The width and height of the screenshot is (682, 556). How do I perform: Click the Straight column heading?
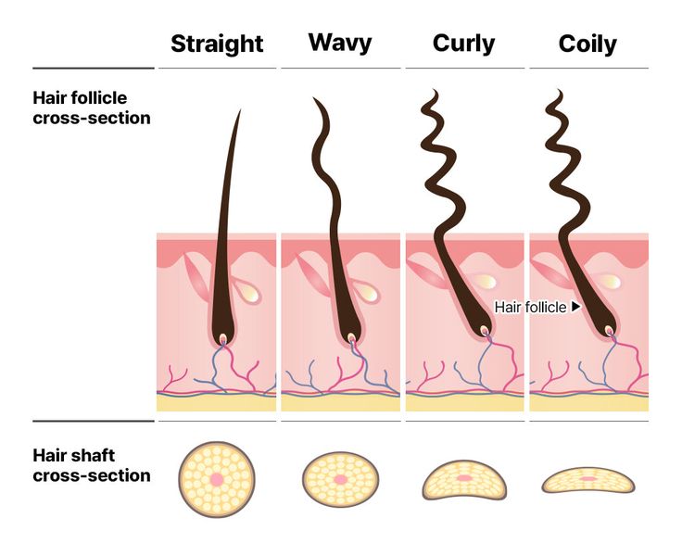click(x=217, y=44)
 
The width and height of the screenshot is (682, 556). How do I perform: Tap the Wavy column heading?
click(x=340, y=43)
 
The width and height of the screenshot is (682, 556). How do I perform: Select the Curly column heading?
click(x=463, y=44)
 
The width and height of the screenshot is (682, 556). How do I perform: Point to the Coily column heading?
click(x=587, y=44)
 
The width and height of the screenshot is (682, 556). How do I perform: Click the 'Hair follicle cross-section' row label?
click(x=92, y=107)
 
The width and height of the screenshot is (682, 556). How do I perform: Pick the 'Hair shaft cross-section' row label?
click(x=92, y=465)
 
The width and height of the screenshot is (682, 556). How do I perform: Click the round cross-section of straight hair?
click(x=217, y=479)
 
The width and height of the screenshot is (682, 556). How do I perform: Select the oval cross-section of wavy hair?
click(x=341, y=479)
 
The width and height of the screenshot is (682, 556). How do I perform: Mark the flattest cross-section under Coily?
click(x=588, y=480)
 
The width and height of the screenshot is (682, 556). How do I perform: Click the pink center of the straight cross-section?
click(x=217, y=479)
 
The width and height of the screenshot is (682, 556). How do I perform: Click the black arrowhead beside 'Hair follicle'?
click(x=575, y=307)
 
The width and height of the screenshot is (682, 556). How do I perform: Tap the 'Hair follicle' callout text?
click(x=531, y=307)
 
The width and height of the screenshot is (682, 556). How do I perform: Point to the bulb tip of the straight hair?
click(x=223, y=338)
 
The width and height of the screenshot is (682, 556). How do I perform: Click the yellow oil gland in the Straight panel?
click(x=246, y=292)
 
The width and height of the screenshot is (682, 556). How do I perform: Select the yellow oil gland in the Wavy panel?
click(x=367, y=292)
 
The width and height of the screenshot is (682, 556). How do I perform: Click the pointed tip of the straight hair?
click(x=240, y=110)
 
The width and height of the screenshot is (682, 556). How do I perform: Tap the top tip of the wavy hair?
click(x=314, y=99)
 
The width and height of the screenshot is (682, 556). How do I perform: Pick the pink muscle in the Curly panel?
click(x=426, y=272)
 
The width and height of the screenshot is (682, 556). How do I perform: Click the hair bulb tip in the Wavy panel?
click(x=350, y=336)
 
